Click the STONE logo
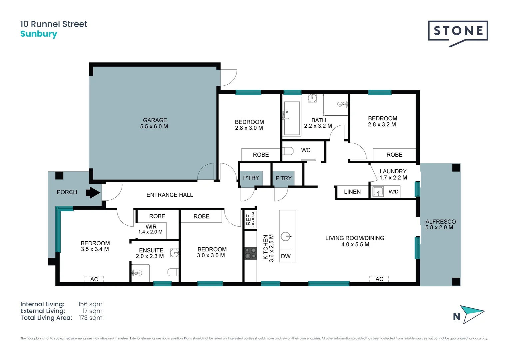pos(458,31)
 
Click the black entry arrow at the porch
pos(93,192)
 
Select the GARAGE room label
pos(155,120)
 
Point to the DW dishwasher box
pos(286,256)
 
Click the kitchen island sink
pos(285,236)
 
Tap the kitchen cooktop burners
pos(250,253)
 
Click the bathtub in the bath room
pos(291,118)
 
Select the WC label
pos(305,150)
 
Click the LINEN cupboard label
pos(352,192)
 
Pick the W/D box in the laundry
pos(393,192)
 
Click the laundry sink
pos(378,192)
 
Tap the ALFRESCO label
pos(440,222)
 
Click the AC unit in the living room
pos(379,279)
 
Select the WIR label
pos(151,227)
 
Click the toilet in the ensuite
pos(173,272)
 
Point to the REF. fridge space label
pos(249,219)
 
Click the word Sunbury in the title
pos(39,34)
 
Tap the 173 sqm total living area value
pos(91,318)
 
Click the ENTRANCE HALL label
pos(170,195)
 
